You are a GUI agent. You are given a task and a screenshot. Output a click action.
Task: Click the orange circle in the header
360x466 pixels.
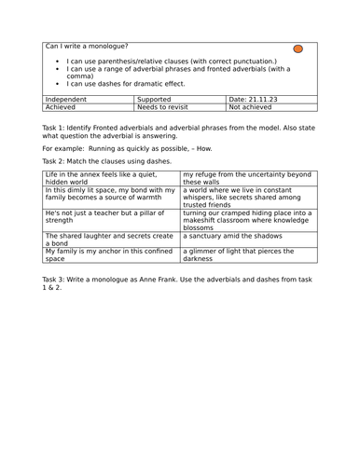coord(298,48)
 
